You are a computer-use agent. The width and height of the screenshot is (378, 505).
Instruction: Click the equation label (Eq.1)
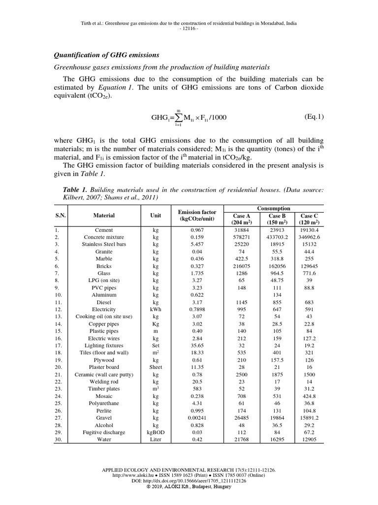[x=314, y=117]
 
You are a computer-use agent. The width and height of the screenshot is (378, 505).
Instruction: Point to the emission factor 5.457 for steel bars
[x=197, y=244]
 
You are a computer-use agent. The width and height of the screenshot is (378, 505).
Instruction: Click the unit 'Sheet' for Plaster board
[x=156, y=367]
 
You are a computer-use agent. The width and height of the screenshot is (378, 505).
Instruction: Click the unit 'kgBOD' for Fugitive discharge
[x=156, y=432]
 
